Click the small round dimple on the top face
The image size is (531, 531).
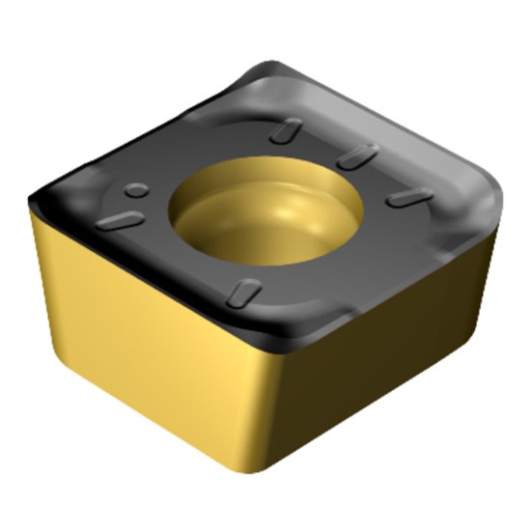pos(138,189)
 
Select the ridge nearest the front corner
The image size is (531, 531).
pos(247,290)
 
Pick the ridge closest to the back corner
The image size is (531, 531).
pos(284,130)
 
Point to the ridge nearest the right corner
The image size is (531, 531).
pos(408,197)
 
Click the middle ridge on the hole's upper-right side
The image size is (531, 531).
pos(356,155)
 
